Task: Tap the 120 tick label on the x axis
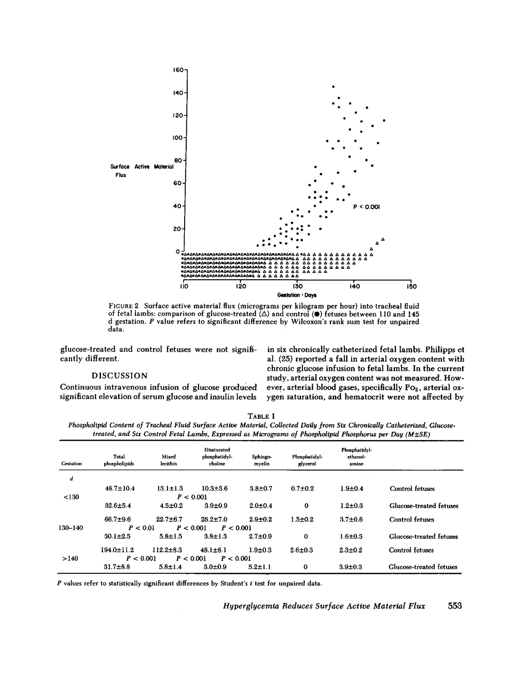coord(241,286)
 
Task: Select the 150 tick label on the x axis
coord(411,286)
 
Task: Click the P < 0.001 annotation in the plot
coord(367,207)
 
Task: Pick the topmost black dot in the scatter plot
coord(333,86)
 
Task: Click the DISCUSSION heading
coord(119,375)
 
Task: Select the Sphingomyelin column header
coord(261,460)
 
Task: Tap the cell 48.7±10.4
coord(120,488)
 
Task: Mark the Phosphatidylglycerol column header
coord(308,460)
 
